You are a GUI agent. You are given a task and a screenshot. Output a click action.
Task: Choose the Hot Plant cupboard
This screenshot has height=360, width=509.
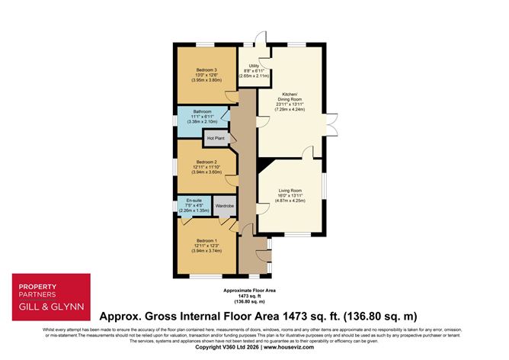pos(215,138)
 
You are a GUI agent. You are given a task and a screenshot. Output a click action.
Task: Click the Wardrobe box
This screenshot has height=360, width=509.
pos(224,206)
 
